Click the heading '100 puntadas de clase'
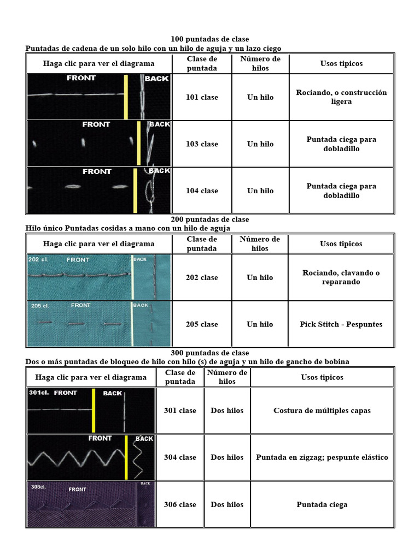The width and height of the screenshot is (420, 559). [209, 39]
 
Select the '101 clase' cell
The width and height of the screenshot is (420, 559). [202, 97]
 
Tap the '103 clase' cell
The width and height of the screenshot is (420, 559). [202, 144]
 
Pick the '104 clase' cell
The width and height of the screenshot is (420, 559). [202, 191]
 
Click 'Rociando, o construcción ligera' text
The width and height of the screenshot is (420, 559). [341, 97]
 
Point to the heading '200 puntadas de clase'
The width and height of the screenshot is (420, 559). [209, 219]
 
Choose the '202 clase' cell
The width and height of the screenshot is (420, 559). [202, 277]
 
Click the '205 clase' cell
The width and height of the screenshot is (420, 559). [202, 324]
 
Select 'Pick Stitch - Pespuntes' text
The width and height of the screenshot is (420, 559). [341, 324]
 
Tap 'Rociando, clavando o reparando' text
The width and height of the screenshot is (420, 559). [341, 277]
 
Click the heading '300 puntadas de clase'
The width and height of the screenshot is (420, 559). [209, 353]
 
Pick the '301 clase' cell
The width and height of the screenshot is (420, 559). [180, 411]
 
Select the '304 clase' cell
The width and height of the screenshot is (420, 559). [180, 457]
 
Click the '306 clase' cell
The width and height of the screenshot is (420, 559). [180, 504]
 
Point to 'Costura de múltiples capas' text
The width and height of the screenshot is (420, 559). [322, 411]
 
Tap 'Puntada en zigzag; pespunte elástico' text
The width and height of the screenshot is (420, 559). [322, 457]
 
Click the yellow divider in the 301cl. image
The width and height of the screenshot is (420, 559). [94, 411]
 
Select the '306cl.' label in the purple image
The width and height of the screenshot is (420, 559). [38, 486]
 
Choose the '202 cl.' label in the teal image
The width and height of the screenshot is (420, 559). [38, 259]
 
